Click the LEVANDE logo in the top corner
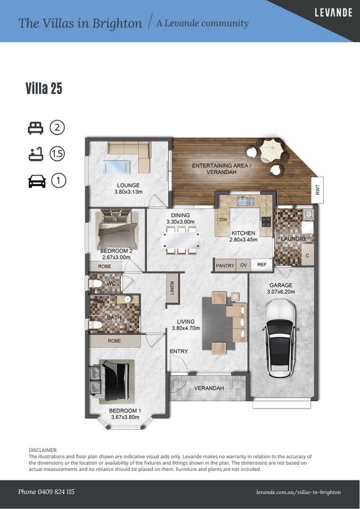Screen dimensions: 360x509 click(334, 13)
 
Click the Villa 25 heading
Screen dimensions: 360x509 click(44, 88)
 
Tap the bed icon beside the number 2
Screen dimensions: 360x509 click(35, 128)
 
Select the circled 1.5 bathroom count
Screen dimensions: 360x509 click(57, 154)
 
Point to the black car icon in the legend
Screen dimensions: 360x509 click(37, 181)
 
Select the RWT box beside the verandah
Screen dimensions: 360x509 click(318, 190)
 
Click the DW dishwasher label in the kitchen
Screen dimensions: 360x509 click(223, 220)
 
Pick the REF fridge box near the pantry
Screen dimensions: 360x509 click(262, 265)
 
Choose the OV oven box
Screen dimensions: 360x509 click(244, 265)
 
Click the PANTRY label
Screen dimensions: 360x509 click(225, 265)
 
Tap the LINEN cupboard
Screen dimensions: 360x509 click(172, 288)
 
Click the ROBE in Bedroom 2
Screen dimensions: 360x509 click(105, 266)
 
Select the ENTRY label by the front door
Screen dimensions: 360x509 click(179, 351)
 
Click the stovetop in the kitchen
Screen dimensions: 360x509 click(266, 222)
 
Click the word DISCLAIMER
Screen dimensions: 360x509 click(43, 450)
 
